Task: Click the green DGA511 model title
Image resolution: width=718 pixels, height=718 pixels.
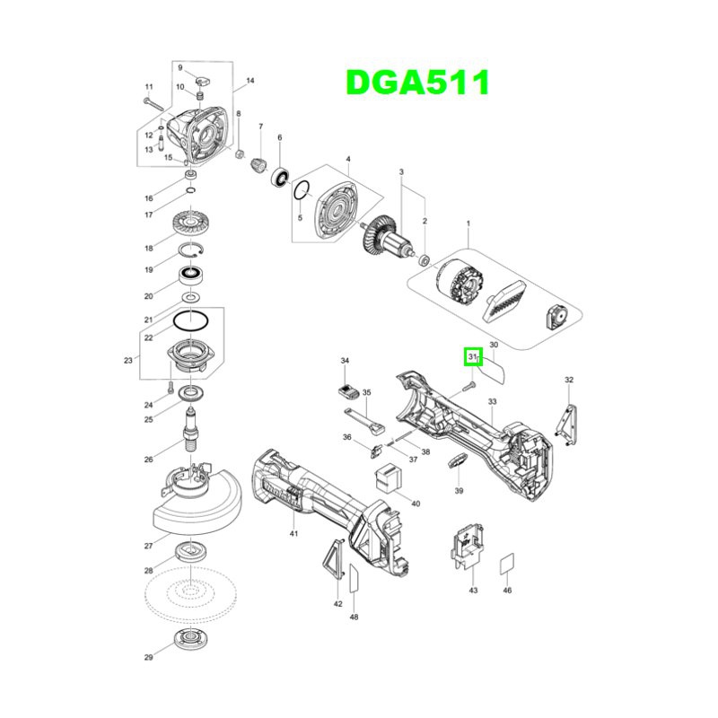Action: coord(418,83)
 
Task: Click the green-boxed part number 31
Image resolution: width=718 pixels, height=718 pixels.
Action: coord(472,357)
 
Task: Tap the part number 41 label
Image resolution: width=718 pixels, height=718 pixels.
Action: coord(293,534)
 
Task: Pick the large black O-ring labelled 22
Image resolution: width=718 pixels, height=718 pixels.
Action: coord(191,320)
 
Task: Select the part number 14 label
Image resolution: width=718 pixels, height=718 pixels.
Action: coord(250,82)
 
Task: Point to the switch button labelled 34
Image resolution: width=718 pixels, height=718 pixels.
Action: coord(346,391)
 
